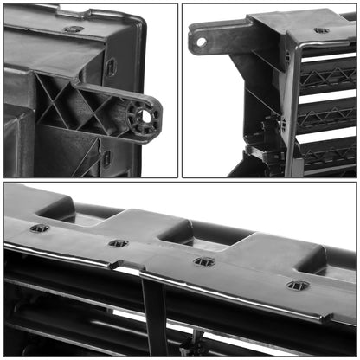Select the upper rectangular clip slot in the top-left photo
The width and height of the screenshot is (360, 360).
[111, 67]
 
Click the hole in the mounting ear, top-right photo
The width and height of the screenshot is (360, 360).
[202, 41]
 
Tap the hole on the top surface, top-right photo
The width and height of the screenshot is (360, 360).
[321, 30]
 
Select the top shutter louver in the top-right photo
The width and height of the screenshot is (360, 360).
[327, 74]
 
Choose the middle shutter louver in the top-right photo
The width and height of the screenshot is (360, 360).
[327, 115]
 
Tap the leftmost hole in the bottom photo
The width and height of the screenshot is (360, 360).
[40, 228]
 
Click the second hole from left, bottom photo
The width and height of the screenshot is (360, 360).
[119, 243]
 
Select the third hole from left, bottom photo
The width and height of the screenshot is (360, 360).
[204, 260]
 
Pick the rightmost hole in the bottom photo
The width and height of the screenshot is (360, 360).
[298, 285]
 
